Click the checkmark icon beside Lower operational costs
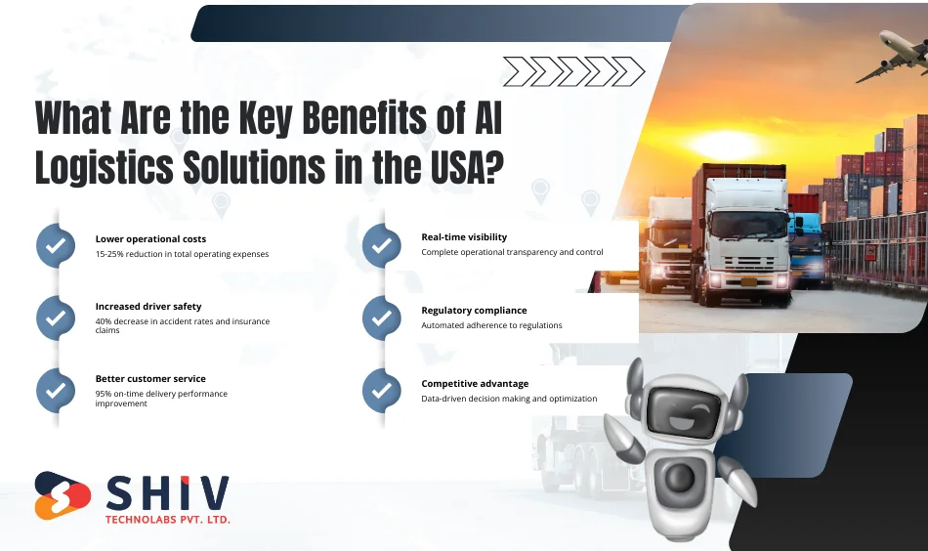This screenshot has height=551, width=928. pyautogui.click(x=56, y=245)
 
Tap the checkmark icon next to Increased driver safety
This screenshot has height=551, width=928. pyautogui.click(x=56, y=318)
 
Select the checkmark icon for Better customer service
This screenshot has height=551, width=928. pyautogui.click(x=56, y=390)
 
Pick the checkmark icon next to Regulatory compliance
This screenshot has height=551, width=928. pyautogui.click(x=381, y=318)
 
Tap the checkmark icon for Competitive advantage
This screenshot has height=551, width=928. pyautogui.click(x=381, y=391)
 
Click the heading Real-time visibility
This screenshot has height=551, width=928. pyautogui.click(x=464, y=237)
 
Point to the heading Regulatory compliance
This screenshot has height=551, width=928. pyautogui.click(x=474, y=311)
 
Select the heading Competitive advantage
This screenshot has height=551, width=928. pyautogui.click(x=475, y=384)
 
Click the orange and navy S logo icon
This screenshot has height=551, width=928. pyautogui.click(x=63, y=495)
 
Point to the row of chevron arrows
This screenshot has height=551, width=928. pyautogui.click(x=573, y=71)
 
